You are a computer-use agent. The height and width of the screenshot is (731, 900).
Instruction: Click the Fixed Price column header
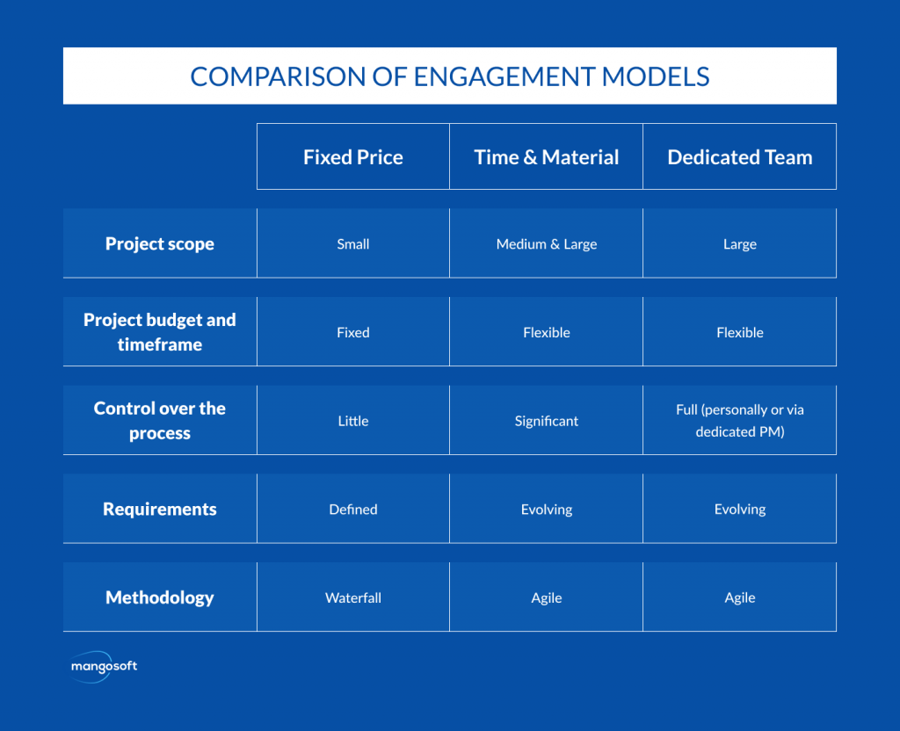click(353, 157)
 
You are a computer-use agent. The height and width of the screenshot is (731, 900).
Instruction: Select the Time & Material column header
click(547, 157)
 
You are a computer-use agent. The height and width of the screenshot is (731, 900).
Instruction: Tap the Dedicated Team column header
click(740, 157)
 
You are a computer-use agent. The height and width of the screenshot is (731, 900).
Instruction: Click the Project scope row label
click(160, 244)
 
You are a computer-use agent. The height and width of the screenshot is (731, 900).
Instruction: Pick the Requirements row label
click(160, 509)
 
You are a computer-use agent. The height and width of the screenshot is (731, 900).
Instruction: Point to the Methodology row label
click(160, 597)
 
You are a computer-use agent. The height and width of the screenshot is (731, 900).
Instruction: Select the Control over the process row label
click(160, 421)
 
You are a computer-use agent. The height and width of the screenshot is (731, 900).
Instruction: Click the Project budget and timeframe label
click(160, 332)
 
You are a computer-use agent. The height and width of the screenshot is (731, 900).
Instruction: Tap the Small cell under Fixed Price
click(353, 244)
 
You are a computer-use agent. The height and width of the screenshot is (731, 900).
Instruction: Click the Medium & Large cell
click(547, 244)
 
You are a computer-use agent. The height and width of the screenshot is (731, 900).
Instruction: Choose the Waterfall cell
click(353, 597)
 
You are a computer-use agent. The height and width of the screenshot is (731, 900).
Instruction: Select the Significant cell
click(547, 421)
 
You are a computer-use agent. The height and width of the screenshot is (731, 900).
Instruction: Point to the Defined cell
click(353, 509)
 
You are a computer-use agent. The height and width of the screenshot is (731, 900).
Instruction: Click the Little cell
click(353, 421)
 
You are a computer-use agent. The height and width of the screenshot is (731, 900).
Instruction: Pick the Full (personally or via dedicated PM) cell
click(740, 421)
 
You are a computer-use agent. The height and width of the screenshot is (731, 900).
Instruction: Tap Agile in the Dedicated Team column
click(740, 597)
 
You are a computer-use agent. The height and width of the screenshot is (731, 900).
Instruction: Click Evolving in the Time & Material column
click(547, 510)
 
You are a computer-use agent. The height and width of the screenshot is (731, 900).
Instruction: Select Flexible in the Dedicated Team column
click(740, 332)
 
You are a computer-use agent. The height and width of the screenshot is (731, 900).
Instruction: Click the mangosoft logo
click(104, 667)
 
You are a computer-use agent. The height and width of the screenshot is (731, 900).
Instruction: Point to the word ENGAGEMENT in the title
click(504, 76)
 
